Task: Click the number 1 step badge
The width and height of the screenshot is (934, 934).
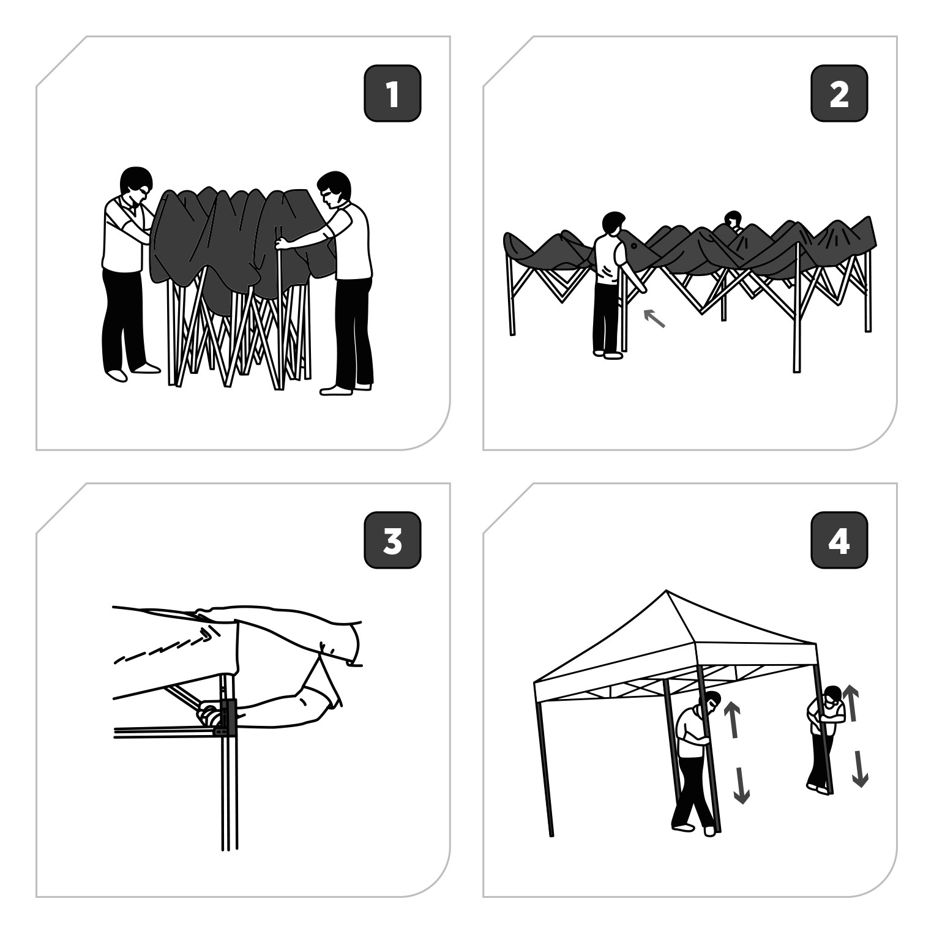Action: [392, 94]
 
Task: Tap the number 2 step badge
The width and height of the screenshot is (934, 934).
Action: [839, 94]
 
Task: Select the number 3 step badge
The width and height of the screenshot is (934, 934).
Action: [392, 540]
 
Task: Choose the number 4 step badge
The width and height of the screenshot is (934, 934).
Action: [839, 540]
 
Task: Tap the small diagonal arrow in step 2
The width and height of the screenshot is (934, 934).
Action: [654, 318]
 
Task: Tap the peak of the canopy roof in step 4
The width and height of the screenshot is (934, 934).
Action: [666, 592]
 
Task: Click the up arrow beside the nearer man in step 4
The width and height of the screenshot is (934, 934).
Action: [732, 719]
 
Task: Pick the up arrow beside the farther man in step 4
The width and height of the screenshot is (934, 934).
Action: [850, 703]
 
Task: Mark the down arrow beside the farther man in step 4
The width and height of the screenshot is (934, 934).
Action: [860, 769]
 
